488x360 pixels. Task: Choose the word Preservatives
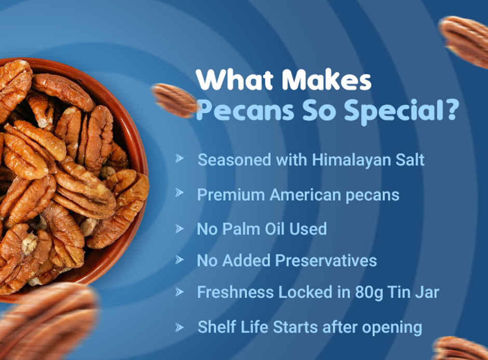point(326,260)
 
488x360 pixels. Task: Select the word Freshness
point(236,292)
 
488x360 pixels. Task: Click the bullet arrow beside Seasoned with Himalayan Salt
point(180,158)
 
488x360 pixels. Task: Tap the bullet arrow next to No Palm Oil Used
point(180,228)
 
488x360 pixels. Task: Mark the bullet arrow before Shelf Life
point(180,327)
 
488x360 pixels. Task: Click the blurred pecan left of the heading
point(174,100)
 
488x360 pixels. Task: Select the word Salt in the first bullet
point(410,160)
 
